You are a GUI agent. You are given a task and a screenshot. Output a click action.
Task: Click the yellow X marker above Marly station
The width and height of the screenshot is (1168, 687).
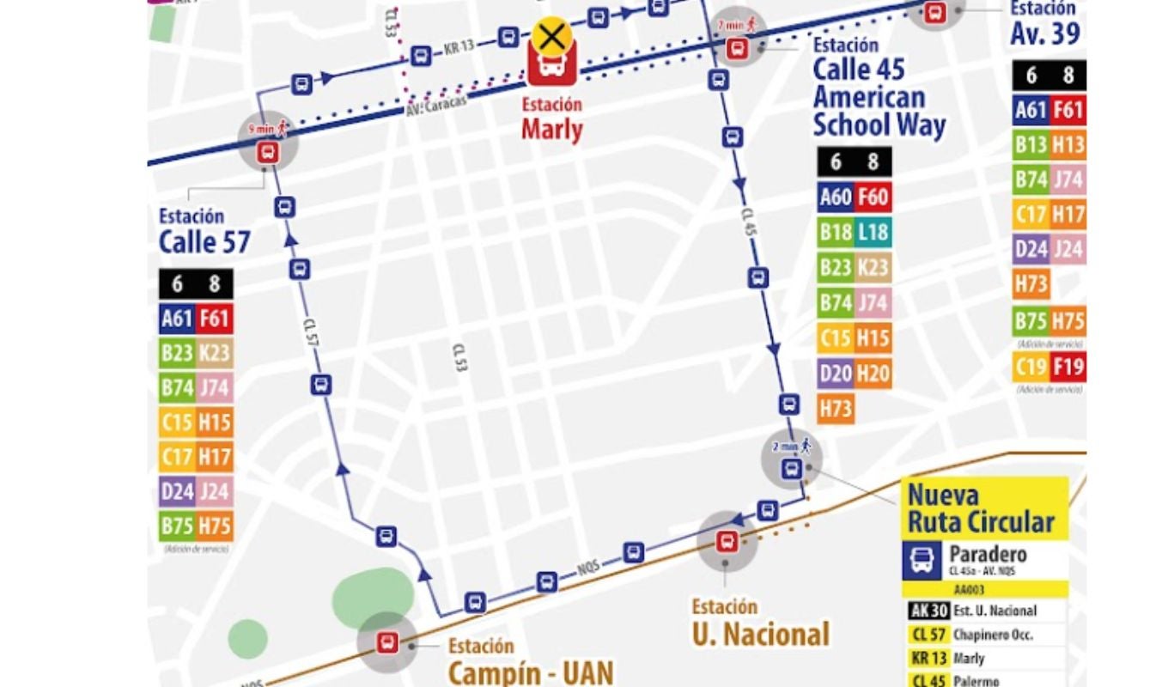click(552, 37)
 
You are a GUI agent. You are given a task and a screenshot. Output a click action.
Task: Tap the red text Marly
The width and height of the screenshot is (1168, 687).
click(552, 131)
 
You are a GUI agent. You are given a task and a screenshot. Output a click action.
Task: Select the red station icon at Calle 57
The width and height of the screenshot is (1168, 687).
click(268, 153)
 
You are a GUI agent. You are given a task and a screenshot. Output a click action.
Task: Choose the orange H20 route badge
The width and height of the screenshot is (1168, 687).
click(873, 373)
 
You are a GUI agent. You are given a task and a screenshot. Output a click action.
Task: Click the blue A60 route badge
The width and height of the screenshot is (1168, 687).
click(836, 197)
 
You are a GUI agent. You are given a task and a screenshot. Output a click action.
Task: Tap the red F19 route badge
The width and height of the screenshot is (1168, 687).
click(1068, 368)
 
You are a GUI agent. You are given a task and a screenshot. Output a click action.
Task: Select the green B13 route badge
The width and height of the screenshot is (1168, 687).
click(1031, 145)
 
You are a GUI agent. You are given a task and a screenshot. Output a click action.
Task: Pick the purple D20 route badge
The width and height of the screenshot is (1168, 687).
click(836, 373)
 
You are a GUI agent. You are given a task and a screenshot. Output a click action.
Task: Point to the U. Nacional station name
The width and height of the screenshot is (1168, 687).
click(761, 635)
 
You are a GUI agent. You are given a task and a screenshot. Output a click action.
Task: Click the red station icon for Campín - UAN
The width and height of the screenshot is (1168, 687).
click(387, 642)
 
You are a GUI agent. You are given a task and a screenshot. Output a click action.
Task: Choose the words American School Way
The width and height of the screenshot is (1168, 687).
click(879, 111)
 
